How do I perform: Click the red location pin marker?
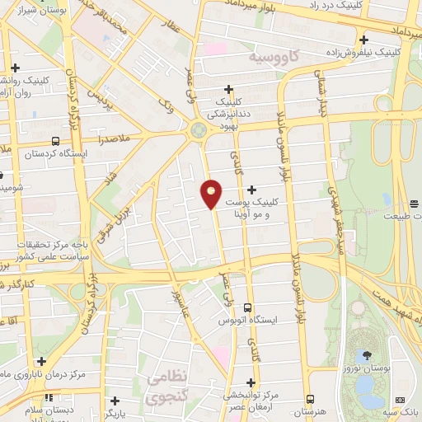coord(212,193)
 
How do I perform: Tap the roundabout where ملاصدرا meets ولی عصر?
coord(198,129)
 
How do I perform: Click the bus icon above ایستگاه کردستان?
coord(55,141)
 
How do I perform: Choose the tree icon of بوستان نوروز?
coord(367,354)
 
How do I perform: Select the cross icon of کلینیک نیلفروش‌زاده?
coord(363,39)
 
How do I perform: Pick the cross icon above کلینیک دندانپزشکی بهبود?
coord(230,91)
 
